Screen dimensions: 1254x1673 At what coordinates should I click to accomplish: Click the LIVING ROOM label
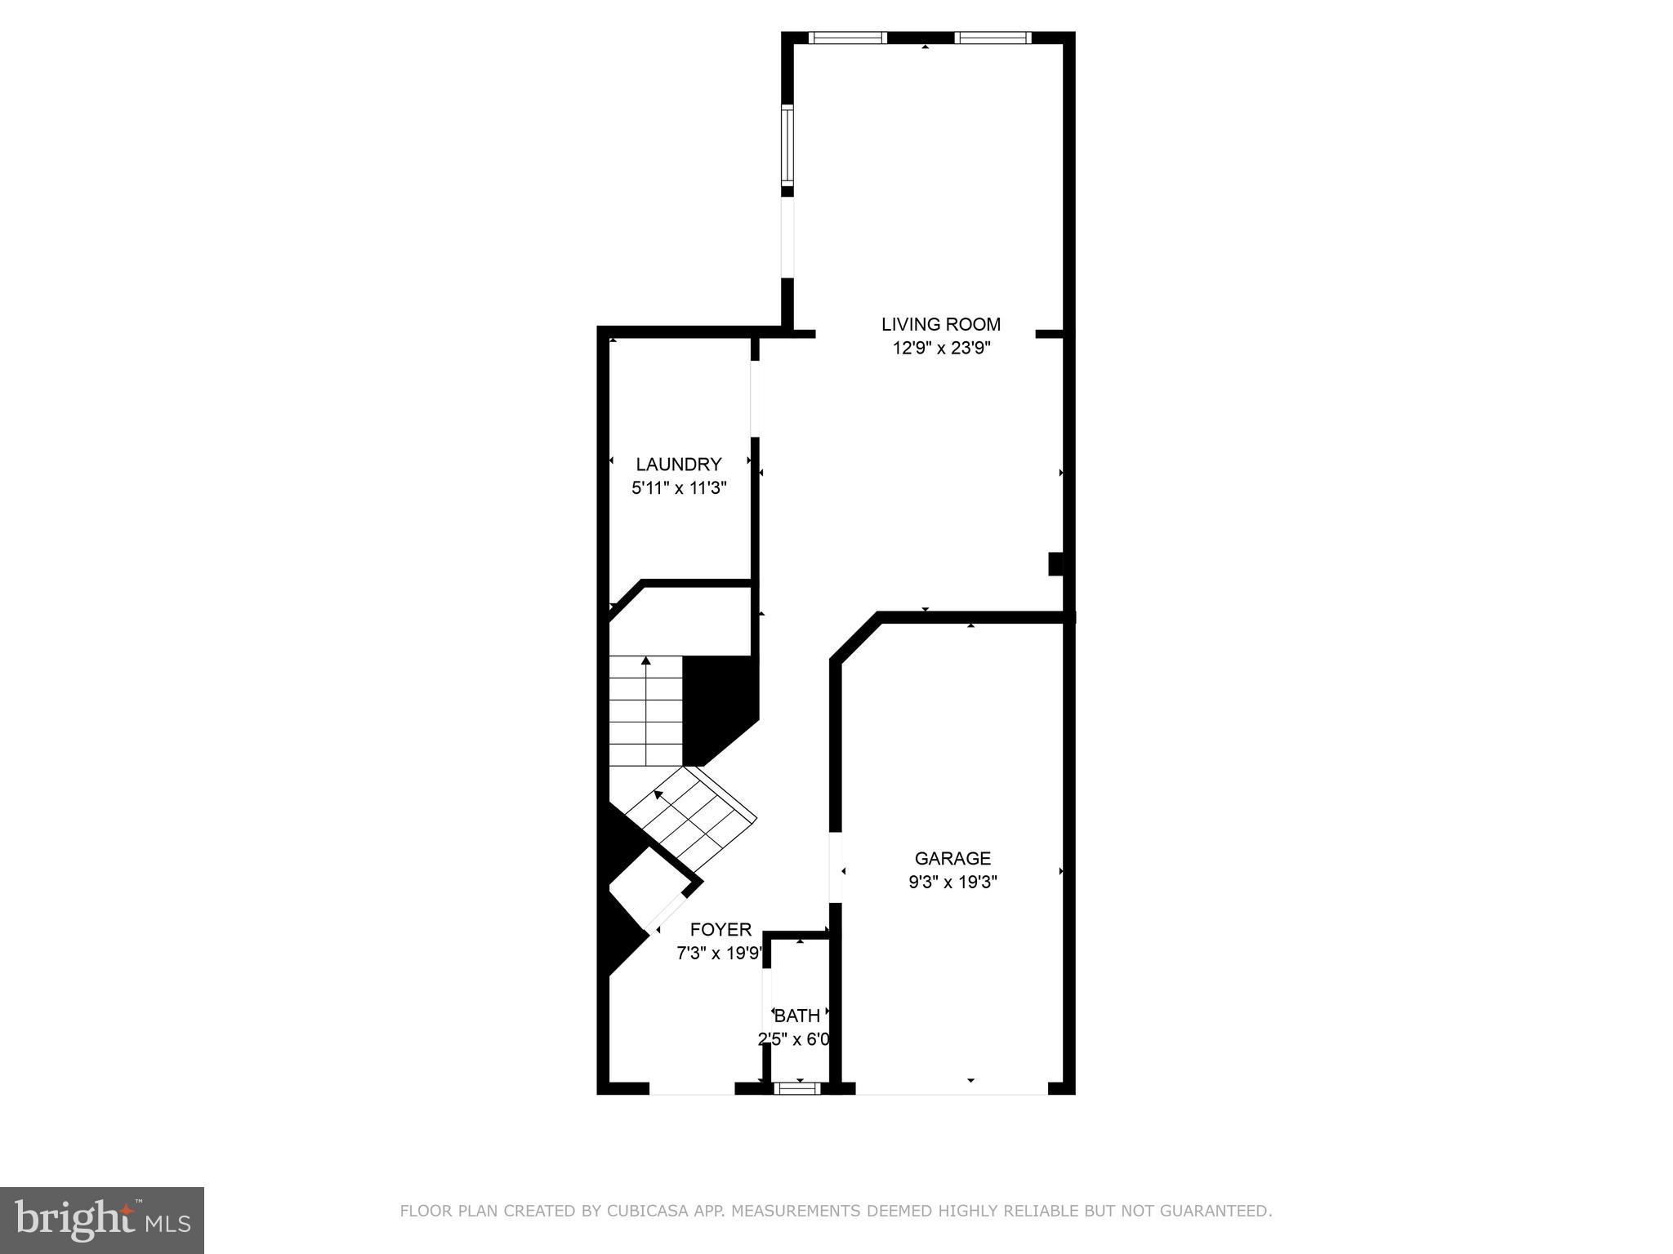pyautogui.click(x=940, y=324)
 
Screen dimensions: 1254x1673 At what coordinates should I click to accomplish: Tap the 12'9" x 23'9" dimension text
pyautogui.click(x=940, y=349)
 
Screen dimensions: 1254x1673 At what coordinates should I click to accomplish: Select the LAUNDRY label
pyautogui.click(x=678, y=465)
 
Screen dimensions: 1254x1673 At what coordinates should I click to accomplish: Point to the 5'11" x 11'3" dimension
pyautogui.click(x=678, y=488)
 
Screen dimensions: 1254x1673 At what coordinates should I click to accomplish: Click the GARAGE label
pyautogui.click(x=952, y=858)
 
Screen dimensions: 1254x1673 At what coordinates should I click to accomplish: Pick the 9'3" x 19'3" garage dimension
pyautogui.click(x=952, y=883)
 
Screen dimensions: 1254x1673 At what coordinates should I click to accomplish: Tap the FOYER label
pyautogui.click(x=721, y=929)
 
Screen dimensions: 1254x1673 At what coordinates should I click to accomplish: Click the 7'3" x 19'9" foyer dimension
pyautogui.click(x=719, y=953)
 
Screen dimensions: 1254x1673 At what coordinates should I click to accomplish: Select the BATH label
pyautogui.click(x=796, y=1016)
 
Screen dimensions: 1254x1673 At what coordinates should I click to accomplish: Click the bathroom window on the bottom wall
pyautogui.click(x=796, y=1087)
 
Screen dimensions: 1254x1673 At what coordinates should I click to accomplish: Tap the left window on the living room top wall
pyautogui.click(x=848, y=38)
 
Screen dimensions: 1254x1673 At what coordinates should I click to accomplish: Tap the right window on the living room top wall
pyautogui.click(x=992, y=38)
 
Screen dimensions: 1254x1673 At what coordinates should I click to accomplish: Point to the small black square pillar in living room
pyautogui.click(x=1055, y=564)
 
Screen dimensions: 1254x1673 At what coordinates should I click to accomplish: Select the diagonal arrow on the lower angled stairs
pyautogui.click(x=658, y=793)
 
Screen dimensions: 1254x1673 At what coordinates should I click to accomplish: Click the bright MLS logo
pyautogui.click(x=101, y=1220)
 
